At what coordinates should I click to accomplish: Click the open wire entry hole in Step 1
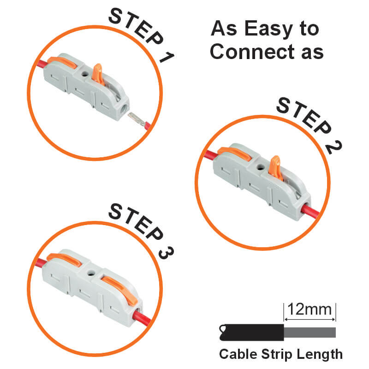click(123, 108)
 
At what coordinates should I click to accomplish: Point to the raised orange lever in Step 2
click(276, 167)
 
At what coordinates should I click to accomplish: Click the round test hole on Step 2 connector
click(261, 167)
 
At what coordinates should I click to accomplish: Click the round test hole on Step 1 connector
click(85, 74)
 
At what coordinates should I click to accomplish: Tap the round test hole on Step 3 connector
click(91, 273)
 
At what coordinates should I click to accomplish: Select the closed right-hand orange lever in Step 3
click(119, 291)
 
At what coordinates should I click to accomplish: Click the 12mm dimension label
click(309, 309)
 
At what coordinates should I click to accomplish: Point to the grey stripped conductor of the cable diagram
click(309, 333)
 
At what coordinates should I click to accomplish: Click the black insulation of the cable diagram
click(251, 332)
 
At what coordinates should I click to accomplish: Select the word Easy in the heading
click(268, 29)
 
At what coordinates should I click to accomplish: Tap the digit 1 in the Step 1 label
click(167, 57)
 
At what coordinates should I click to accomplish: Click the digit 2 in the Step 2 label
click(334, 147)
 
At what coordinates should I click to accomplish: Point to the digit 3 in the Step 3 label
click(166, 253)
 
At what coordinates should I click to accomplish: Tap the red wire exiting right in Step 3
click(142, 318)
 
